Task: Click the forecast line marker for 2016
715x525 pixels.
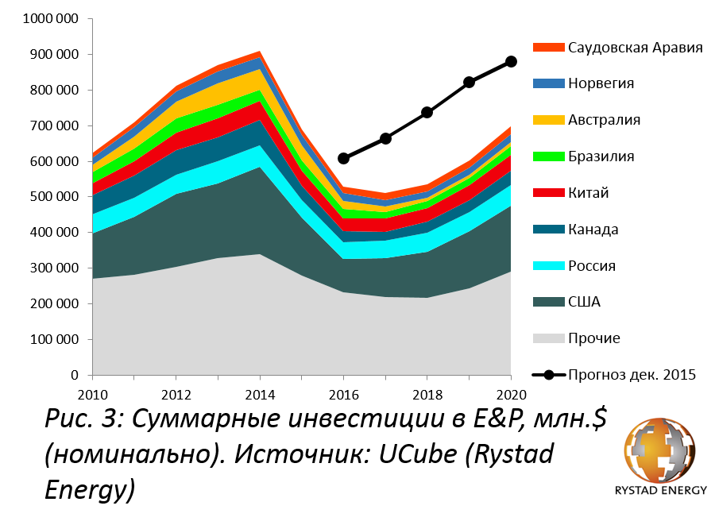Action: [x=343, y=158]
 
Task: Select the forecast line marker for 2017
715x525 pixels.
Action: [x=386, y=138]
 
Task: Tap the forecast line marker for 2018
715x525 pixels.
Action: [x=427, y=112]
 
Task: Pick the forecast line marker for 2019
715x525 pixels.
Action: [x=470, y=82]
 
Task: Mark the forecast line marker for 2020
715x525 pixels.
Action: [x=511, y=62]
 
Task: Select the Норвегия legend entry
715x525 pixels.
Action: [x=601, y=83]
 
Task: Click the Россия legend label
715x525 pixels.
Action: [x=592, y=266]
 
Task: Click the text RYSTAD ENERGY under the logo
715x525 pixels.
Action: [x=660, y=490]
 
